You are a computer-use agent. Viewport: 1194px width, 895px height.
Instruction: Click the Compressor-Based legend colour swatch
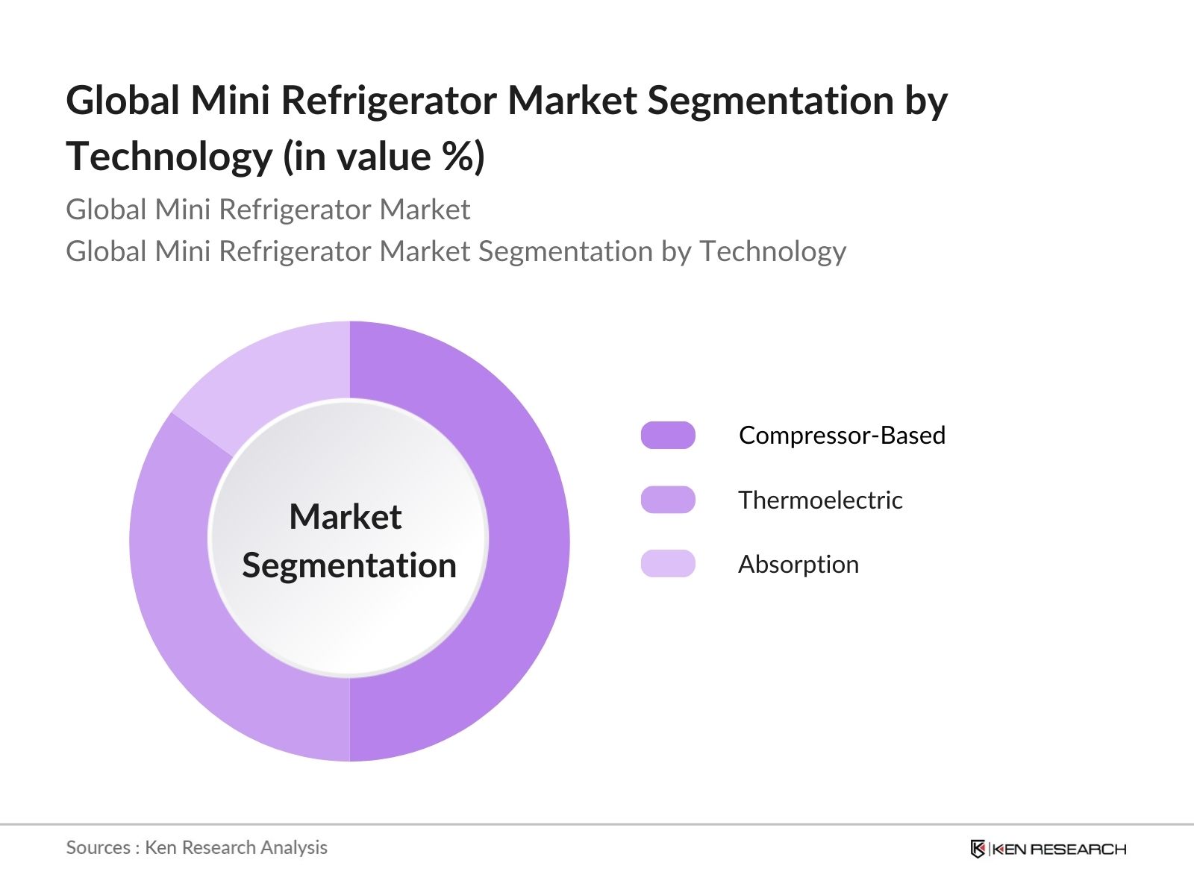668,435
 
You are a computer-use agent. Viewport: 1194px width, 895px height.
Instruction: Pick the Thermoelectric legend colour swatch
668,500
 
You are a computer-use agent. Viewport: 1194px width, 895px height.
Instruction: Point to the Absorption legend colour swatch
668,564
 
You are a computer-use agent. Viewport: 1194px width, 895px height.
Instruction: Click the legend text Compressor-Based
842,435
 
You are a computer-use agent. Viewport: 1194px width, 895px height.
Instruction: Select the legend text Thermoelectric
820,500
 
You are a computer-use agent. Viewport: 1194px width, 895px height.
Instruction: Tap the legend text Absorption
798,565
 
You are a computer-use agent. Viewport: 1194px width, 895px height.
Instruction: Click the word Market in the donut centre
346,517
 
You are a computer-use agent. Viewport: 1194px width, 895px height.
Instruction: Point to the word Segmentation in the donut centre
349,565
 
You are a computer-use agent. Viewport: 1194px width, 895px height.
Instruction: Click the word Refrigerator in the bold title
388,101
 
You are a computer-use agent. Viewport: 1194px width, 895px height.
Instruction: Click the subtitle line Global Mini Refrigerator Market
268,210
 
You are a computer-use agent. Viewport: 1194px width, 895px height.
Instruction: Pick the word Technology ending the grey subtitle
772,251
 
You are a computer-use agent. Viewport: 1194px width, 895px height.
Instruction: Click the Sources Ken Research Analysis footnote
197,847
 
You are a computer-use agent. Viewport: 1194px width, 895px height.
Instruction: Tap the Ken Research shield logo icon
978,849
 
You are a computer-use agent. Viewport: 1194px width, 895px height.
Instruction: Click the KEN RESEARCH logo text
1059,849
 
